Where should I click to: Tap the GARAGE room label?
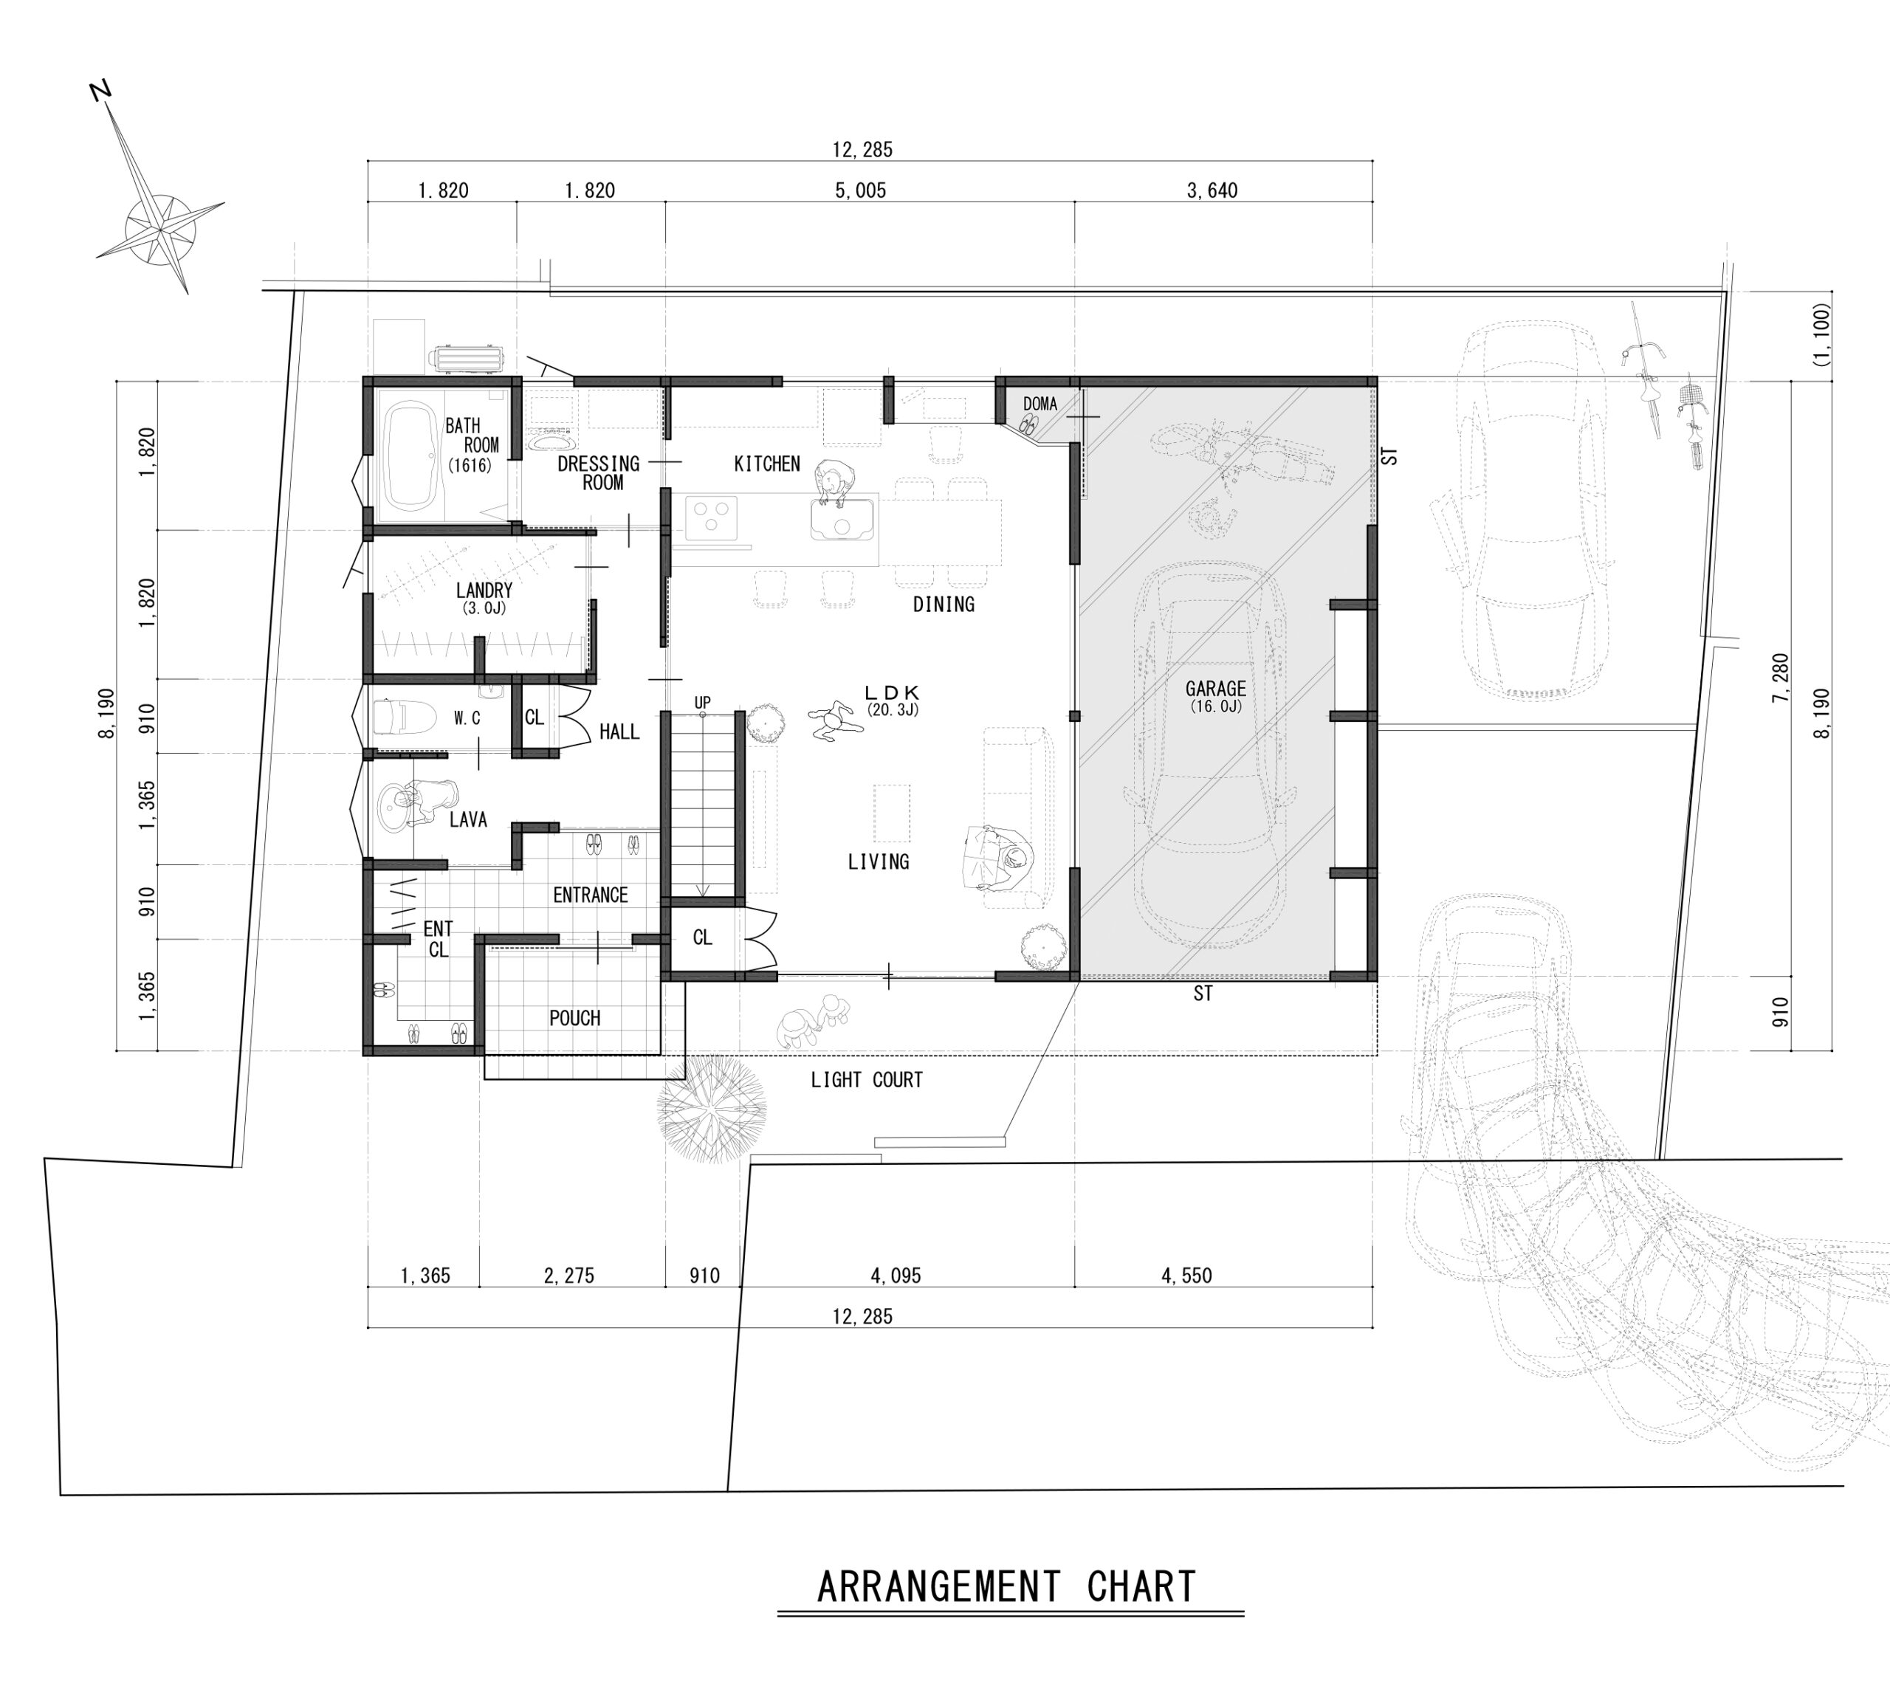tap(1215, 688)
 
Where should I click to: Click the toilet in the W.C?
tap(404, 717)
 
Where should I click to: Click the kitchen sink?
tap(842, 520)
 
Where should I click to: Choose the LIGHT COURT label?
tap(866, 1079)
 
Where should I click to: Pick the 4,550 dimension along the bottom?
tap(1187, 1276)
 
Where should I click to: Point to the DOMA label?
tap(1039, 404)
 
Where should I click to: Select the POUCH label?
tap(574, 1018)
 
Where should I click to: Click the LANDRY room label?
tap(484, 590)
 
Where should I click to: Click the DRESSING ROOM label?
tap(599, 472)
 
